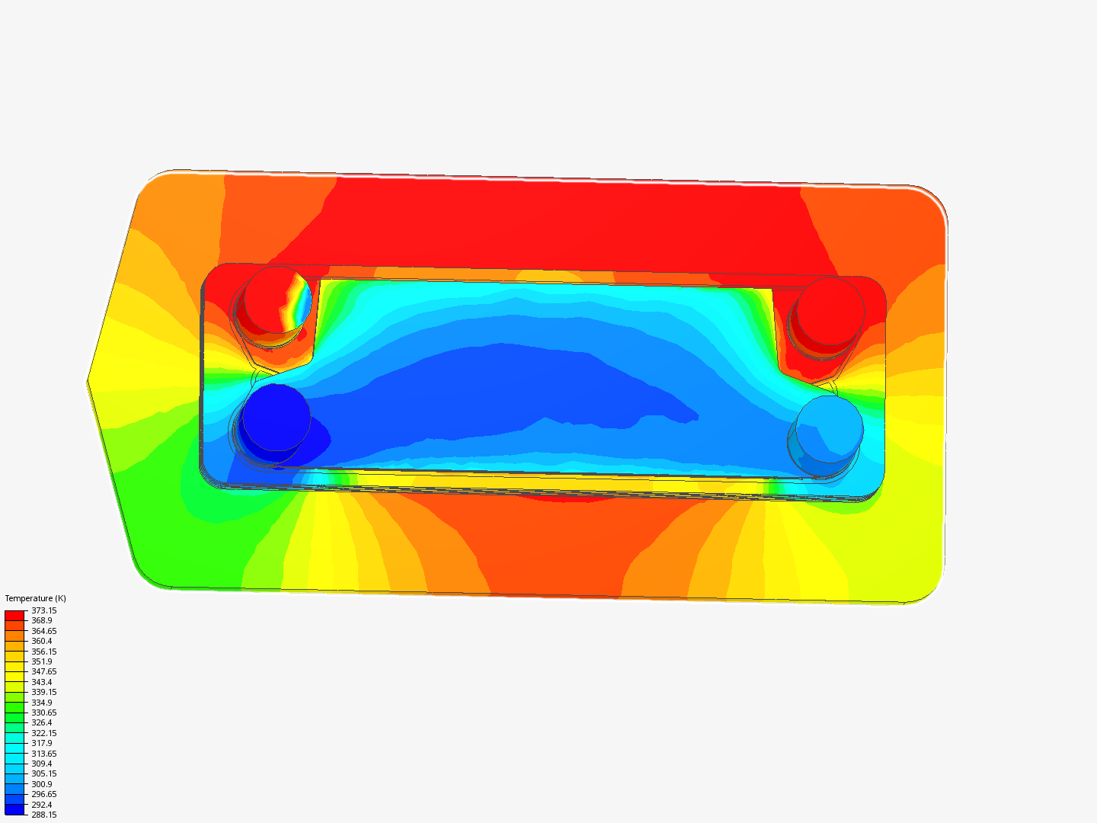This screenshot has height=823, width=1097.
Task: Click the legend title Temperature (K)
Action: [x=35, y=598]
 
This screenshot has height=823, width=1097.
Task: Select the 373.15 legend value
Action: [x=43, y=610]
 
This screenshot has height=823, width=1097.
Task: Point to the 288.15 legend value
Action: [x=43, y=815]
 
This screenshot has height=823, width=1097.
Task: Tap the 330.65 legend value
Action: [x=43, y=713]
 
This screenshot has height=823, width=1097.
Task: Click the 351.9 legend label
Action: [x=41, y=661]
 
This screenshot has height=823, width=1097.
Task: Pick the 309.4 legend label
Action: [x=41, y=764]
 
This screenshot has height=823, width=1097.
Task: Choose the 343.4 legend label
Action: [x=41, y=682]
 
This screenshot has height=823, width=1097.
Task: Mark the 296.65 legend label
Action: [x=43, y=794]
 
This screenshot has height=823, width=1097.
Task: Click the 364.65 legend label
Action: [x=43, y=631]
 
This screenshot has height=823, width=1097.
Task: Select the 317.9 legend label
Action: [x=41, y=743]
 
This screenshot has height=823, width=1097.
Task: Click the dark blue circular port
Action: [x=275, y=418]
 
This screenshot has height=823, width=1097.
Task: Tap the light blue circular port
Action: [x=829, y=428]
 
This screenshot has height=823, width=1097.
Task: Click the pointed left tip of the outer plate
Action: [x=89, y=379]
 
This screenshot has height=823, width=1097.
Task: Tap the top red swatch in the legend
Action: [x=14, y=615]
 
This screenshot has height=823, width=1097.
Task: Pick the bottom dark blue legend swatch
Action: [x=14, y=809]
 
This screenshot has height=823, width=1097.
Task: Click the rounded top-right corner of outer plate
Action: [x=934, y=199]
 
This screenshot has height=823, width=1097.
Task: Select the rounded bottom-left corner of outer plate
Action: [x=148, y=576]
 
